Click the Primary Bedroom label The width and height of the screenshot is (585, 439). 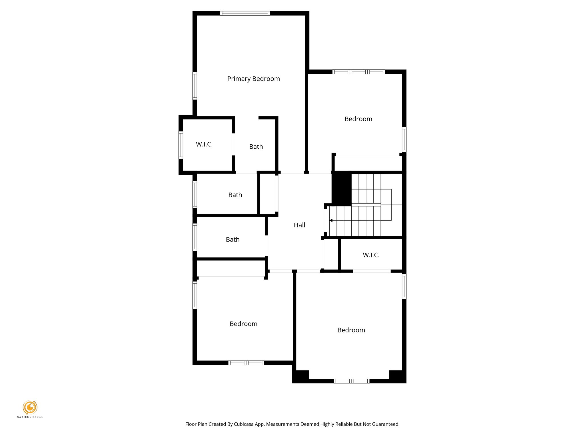253,79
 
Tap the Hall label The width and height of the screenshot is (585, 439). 299,225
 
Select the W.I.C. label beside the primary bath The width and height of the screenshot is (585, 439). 204,144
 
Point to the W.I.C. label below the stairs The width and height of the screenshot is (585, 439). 371,255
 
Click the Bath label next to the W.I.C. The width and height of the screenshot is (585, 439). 256,147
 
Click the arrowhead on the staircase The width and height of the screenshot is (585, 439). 331,220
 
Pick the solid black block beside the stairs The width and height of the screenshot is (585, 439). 342,189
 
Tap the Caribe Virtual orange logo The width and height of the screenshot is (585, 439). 30,407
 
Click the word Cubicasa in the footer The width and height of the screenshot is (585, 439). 244,424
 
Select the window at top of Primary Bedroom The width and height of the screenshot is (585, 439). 245,13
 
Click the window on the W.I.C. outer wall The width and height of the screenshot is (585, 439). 181,145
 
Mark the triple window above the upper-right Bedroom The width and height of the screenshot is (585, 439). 358,72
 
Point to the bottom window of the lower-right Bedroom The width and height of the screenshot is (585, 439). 351,381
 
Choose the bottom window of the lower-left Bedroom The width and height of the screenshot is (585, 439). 246,363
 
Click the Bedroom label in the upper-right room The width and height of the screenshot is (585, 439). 358,119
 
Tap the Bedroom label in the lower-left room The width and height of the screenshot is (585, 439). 243,324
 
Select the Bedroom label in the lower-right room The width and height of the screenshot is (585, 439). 351,330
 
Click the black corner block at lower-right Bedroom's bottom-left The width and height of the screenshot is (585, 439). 301,376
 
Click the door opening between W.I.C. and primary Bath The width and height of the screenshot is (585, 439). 233,144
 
